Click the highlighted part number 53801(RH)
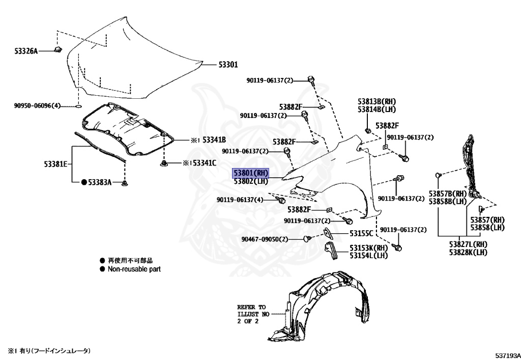click(250, 173)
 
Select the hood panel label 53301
click(228, 65)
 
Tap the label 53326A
click(26, 51)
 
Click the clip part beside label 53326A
click(57, 49)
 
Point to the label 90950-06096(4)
click(37, 106)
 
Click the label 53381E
click(55, 164)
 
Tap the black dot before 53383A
click(84, 182)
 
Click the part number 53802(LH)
click(250, 181)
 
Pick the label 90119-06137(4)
click(240, 200)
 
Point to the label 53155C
click(361, 233)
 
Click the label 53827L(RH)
click(468, 244)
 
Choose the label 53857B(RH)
click(447, 194)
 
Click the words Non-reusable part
click(134, 269)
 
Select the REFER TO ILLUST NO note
click(251, 314)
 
